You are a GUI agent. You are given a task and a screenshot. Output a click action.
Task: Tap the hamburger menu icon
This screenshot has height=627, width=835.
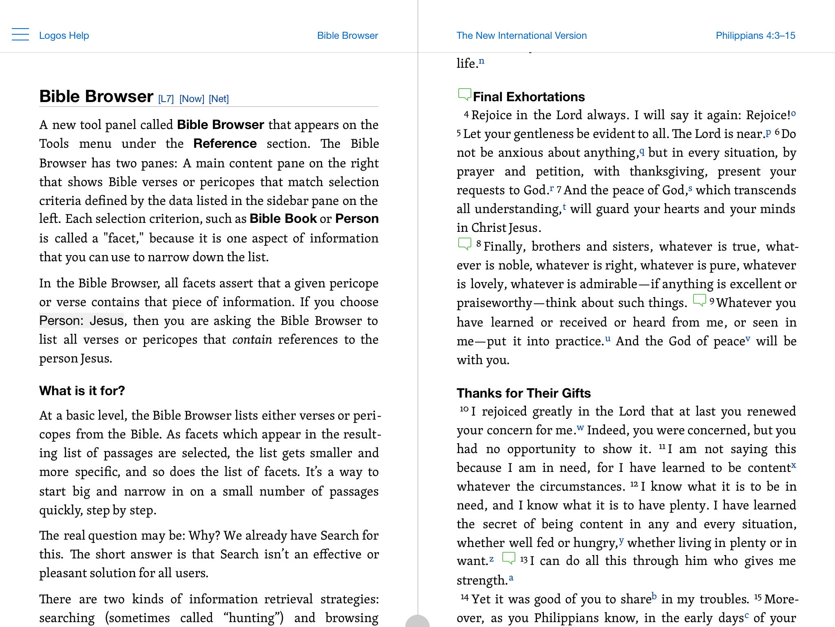click(20, 35)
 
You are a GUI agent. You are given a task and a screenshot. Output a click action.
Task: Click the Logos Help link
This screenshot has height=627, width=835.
click(64, 36)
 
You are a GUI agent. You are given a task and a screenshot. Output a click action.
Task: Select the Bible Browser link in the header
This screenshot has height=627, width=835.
click(347, 36)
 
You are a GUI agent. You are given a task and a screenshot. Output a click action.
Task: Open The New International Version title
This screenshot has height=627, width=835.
click(521, 36)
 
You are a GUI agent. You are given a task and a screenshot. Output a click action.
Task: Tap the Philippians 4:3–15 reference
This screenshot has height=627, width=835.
click(755, 36)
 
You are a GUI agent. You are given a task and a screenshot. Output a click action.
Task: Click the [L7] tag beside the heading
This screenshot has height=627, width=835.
click(166, 99)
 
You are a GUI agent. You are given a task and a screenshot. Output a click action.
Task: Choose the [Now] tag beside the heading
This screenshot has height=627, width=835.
click(192, 99)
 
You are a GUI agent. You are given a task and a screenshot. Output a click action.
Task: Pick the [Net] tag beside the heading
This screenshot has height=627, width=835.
click(219, 99)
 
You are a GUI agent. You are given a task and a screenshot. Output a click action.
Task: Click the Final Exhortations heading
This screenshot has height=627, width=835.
click(529, 97)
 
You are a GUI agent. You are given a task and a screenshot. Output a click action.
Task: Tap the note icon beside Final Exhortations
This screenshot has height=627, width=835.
click(464, 94)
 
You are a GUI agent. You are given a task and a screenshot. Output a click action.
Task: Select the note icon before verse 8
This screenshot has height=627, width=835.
click(464, 244)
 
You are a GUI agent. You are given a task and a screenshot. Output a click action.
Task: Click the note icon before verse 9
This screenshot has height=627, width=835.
click(699, 300)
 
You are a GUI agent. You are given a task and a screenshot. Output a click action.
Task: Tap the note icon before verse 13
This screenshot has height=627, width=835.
click(508, 558)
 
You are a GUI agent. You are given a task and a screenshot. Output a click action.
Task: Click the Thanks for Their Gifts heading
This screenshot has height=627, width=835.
click(524, 393)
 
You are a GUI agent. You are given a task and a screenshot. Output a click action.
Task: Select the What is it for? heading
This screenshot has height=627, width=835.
click(82, 391)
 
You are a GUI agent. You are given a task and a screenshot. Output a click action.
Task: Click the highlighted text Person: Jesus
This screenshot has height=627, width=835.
click(82, 321)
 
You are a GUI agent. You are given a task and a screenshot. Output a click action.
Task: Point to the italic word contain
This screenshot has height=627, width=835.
click(252, 340)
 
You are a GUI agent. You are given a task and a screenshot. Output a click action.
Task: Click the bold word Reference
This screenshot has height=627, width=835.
click(225, 144)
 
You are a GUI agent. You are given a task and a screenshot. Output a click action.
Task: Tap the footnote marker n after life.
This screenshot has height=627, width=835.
click(482, 61)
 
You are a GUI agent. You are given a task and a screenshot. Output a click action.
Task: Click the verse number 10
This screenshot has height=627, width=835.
click(464, 409)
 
